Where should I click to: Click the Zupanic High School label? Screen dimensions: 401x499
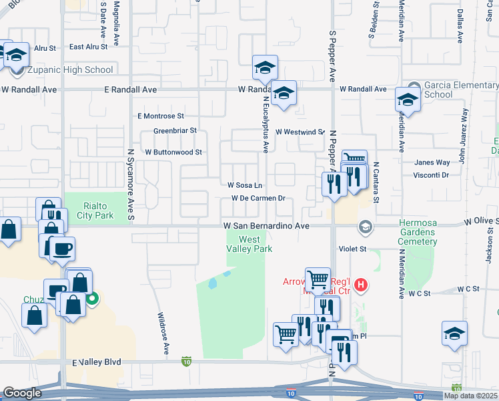click(x=69, y=70)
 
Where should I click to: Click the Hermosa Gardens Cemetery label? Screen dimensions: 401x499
click(x=427, y=232)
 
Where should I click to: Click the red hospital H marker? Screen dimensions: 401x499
click(x=361, y=285)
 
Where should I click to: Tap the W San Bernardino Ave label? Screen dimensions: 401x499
click(x=266, y=227)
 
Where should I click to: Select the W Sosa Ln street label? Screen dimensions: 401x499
click(x=245, y=185)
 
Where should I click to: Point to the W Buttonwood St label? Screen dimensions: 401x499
click(x=169, y=152)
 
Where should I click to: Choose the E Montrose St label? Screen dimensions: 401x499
click(x=160, y=116)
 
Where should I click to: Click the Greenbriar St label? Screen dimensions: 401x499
click(x=175, y=130)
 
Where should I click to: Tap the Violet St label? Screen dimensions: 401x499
click(x=354, y=249)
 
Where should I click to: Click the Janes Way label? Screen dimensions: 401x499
click(x=432, y=162)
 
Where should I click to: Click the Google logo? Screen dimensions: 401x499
click(x=22, y=393)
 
